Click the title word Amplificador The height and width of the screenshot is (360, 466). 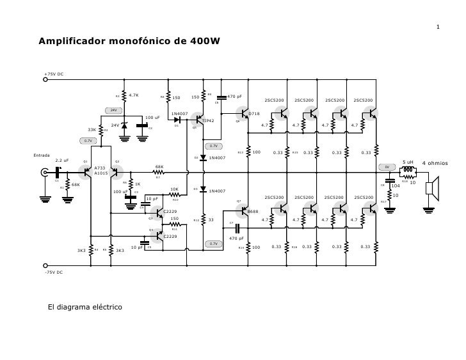[x=70, y=42]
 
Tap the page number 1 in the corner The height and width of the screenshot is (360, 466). [x=437, y=27]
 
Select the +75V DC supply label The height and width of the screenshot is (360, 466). [x=53, y=74]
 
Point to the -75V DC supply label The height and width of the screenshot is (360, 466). [x=53, y=272]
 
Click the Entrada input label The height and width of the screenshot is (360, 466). [x=42, y=155]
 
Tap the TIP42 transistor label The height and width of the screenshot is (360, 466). [x=208, y=120]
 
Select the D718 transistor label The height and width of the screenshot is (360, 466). [x=254, y=114]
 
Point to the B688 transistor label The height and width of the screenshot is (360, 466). [x=253, y=211]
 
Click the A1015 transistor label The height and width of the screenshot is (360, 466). [x=101, y=173]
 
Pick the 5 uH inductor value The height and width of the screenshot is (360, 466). [x=408, y=162]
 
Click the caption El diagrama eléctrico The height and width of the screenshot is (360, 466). [x=85, y=308]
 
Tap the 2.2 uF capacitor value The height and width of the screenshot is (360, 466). [x=61, y=160]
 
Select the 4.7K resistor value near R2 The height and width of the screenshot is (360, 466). [x=134, y=95]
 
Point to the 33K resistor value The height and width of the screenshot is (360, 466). [x=92, y=130]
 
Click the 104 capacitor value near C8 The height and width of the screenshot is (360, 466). [x=396, y=186]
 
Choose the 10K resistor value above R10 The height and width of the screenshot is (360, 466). [x=174, y=189]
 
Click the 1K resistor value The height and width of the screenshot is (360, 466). [x=138, y=184]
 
